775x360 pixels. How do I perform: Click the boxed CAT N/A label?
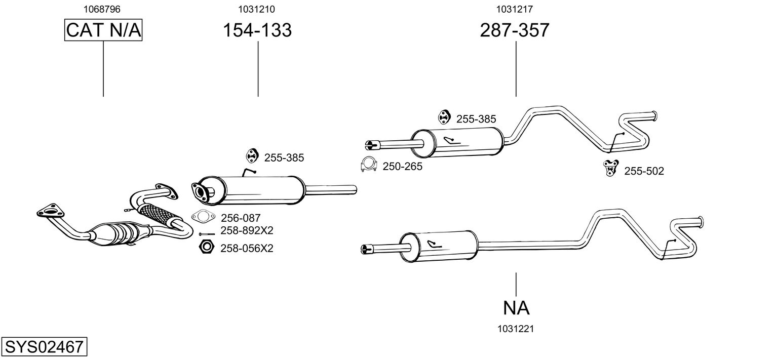pyautogui.click(x=103, y=30)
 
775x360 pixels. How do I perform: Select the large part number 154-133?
pyautogui.click(x=257, y=30)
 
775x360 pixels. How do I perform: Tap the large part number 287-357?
pyautogui.click(x=515, y=30)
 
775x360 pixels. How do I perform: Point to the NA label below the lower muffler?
pyautogui.click(x=516, y=307)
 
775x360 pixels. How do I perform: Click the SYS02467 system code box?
pyautogui.click(x=44, y=347)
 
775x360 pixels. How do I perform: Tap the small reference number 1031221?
pyautogui.click(x=516, y=329)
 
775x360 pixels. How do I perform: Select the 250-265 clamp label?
pyautogui.click(x=402, y=166)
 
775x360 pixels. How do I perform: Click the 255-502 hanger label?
pyautogui.click(x=644, y=171)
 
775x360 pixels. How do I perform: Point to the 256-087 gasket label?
pyautogui.click(x=241, y=218)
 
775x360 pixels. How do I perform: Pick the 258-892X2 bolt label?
pyautogui.click(x=247, y=231)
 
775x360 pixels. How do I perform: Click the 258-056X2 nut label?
pyautogui.click(x=247, y=248)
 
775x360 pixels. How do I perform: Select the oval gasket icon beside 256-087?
pyautogui.click(x=203, y=217)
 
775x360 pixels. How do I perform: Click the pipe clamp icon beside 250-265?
pyautogui.click(x=369, y=165)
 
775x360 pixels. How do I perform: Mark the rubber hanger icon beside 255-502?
pyautogui.click(x=610, y=168)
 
